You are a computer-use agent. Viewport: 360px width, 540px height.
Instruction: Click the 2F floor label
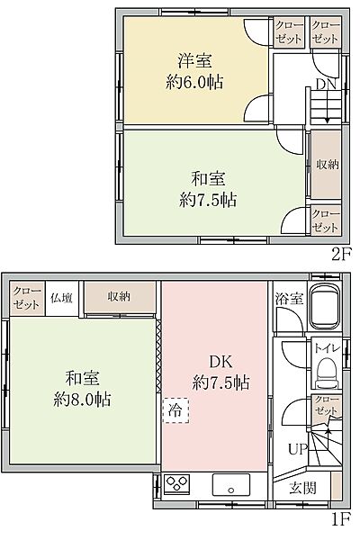[339, 253]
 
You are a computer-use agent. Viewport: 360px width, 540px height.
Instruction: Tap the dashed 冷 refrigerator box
[171, 409]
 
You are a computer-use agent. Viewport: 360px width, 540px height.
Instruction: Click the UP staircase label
[295, 447]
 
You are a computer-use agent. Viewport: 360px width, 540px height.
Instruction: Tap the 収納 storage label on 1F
[119, 296]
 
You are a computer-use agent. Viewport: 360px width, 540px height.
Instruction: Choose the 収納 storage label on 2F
[326, 164]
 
